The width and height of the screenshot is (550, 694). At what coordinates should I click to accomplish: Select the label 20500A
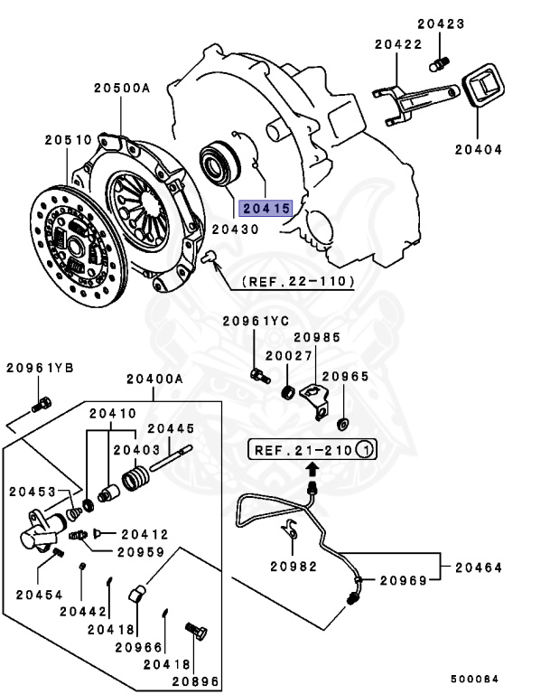[120, 89]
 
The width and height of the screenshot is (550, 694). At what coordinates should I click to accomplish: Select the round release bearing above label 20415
[217, 164]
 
